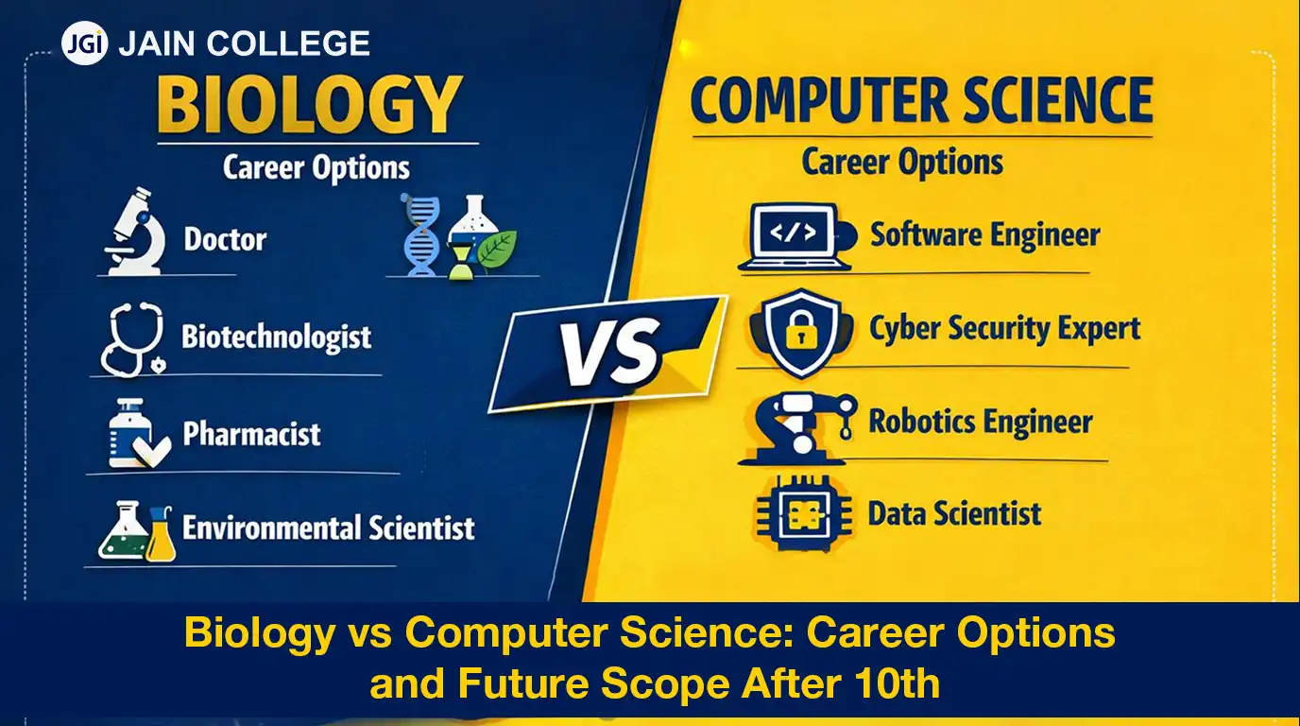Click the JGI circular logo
[x=85, y=43]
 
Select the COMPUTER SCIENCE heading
[x=921, y=101]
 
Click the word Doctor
[x=225, y=239]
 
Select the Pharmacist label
[x=251, y=435]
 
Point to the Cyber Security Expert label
[x=1004, y=329]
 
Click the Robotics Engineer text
[x=980, y=422]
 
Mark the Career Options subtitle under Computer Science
[x=902, y=162]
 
